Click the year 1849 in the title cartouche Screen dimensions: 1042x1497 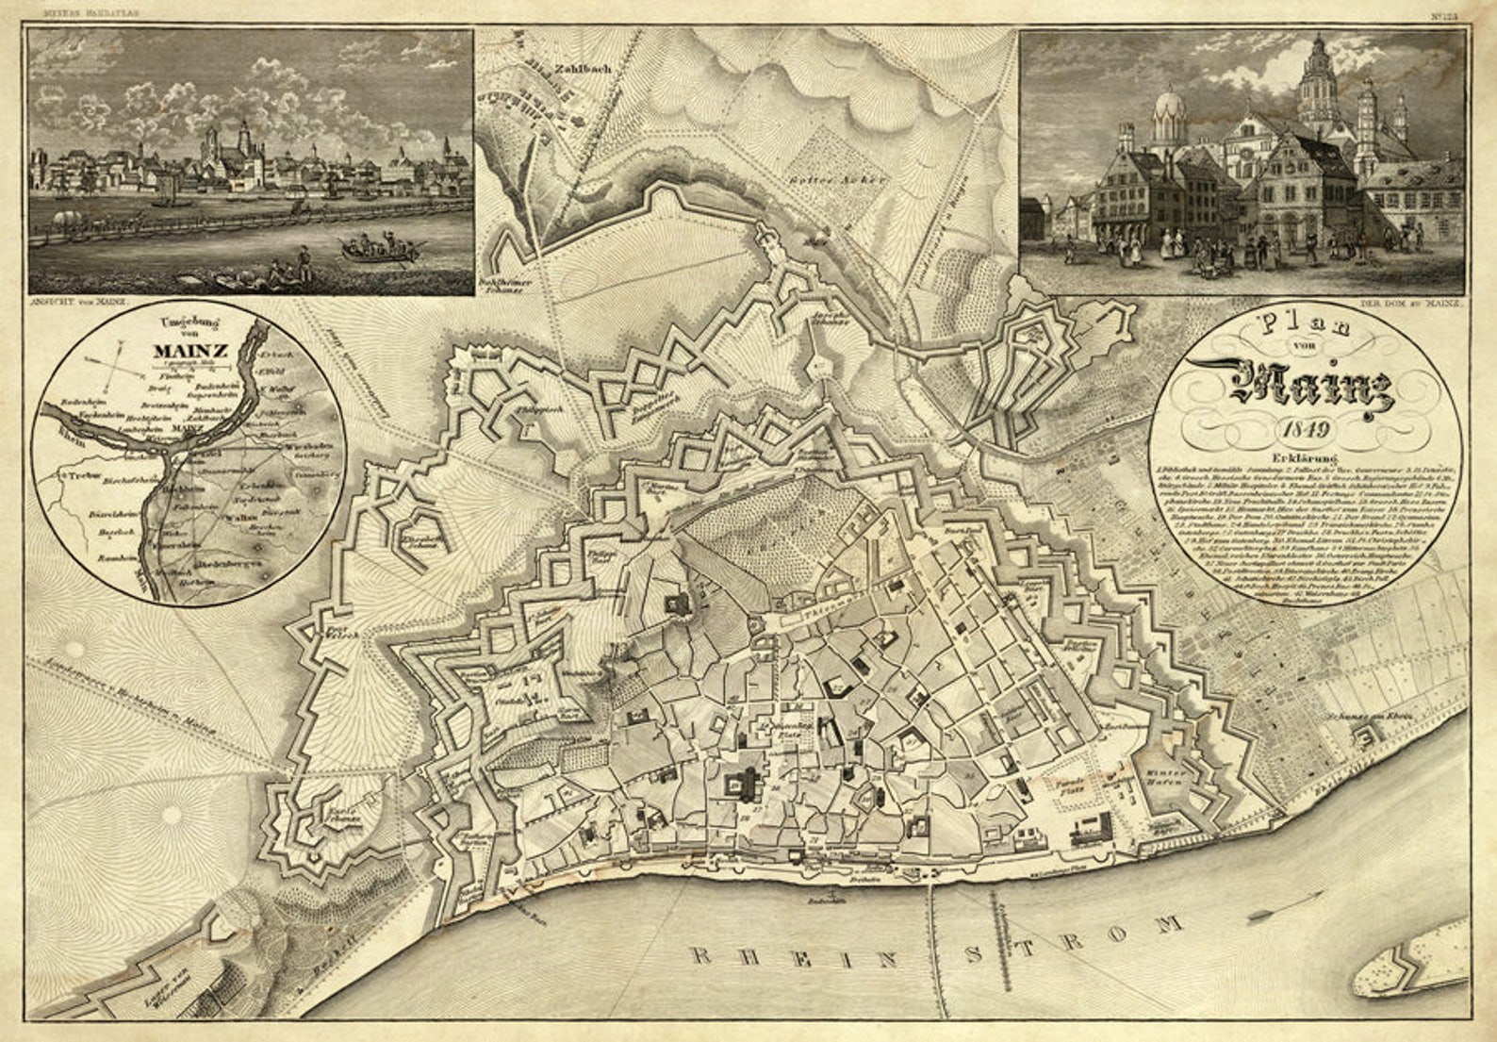pyautogui.click(x=1305, y=430)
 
